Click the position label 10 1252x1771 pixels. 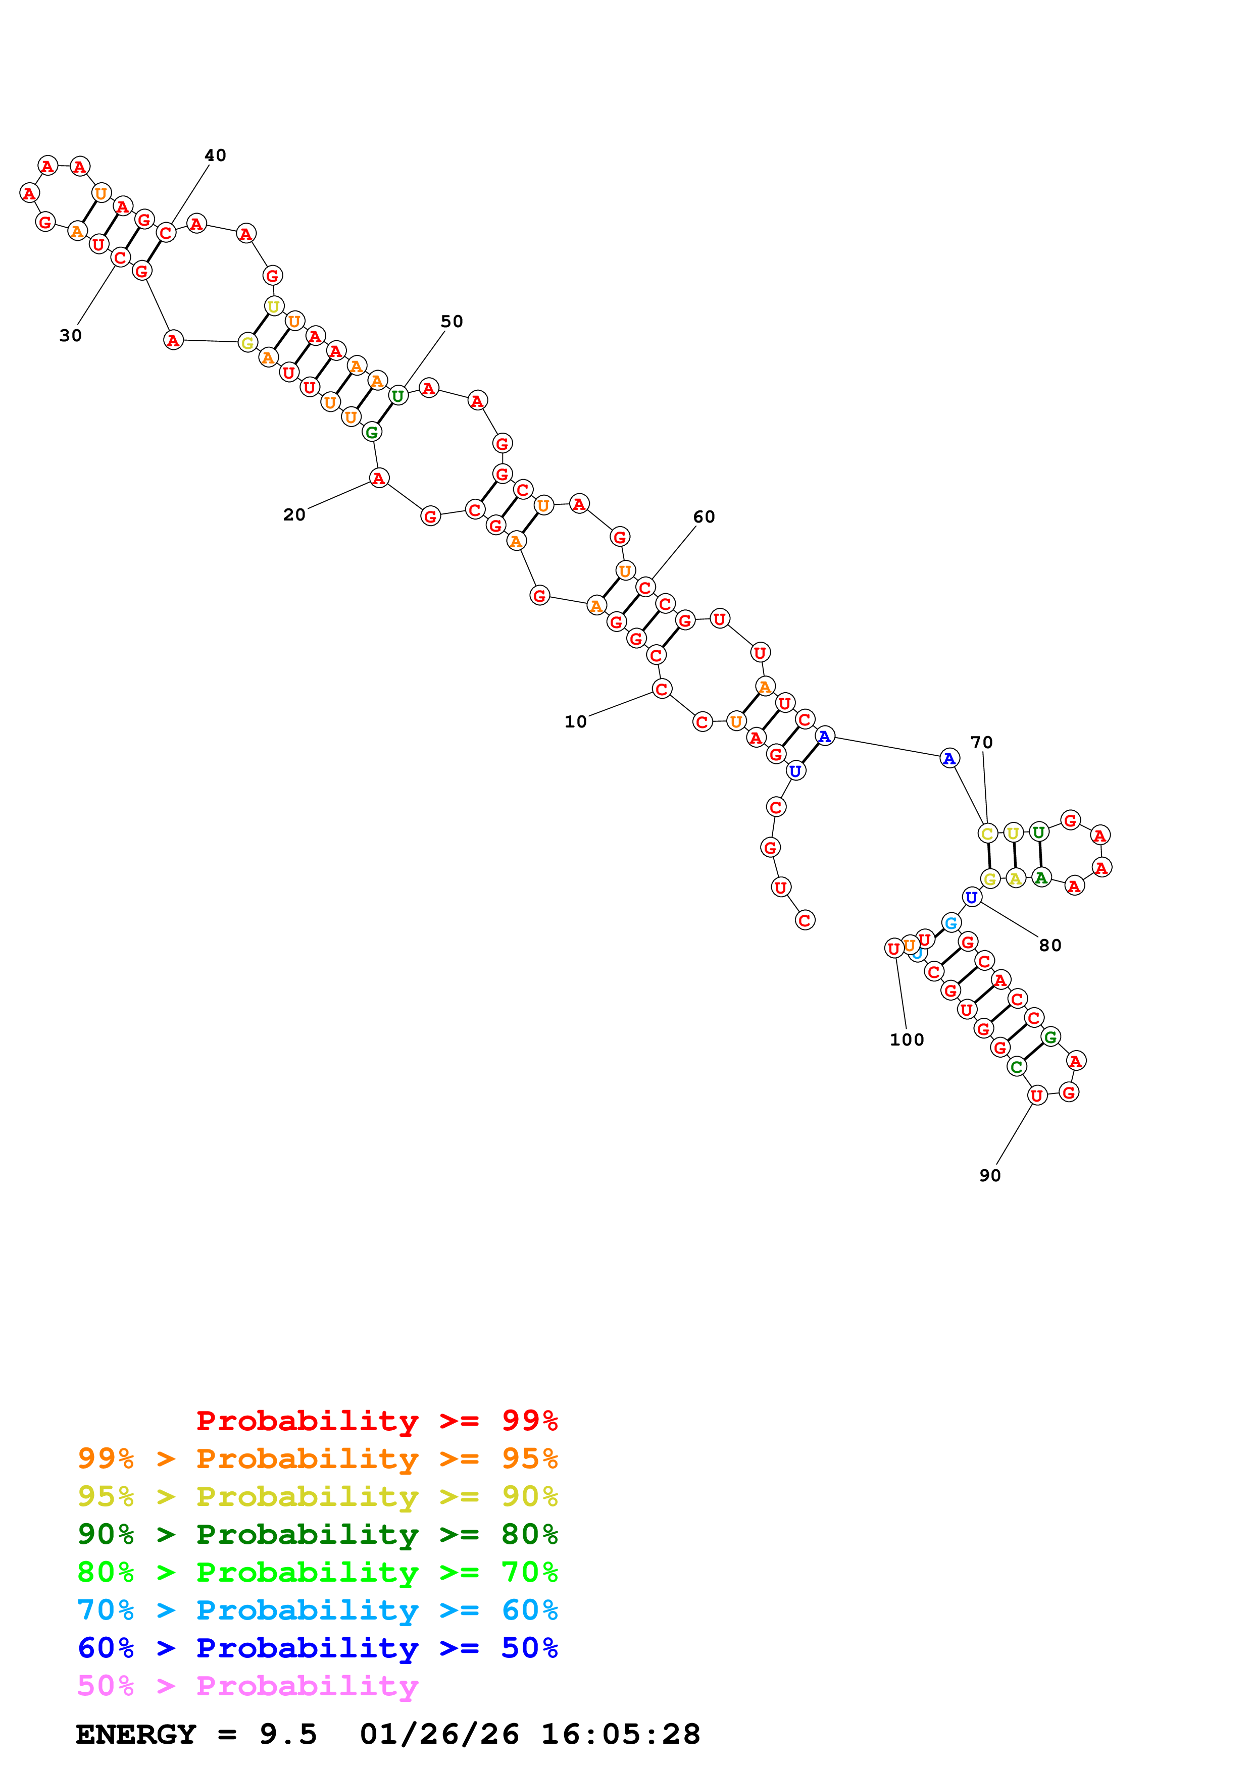pos(575,722)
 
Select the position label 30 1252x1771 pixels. pos(70,336)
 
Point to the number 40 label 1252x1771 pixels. pos(215,155)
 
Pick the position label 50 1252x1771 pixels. pos(452,322)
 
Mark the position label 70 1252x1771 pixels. pos(981,743)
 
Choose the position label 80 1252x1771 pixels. pos(1050,946)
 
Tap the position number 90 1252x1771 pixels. pos(990,1175)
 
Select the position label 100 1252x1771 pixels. pos(907,1040)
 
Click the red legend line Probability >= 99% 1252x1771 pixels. pos(376,1421)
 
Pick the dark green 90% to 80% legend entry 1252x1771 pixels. pos(318,1534)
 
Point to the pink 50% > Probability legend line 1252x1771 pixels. pos(247,1685)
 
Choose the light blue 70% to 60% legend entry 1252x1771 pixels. pos(318,1610)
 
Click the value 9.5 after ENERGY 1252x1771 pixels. pos(288,1734)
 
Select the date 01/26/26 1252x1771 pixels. pos(439,1734)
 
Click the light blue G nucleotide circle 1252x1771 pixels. pos(951,922)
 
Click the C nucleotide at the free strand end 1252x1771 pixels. pos(805,920)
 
